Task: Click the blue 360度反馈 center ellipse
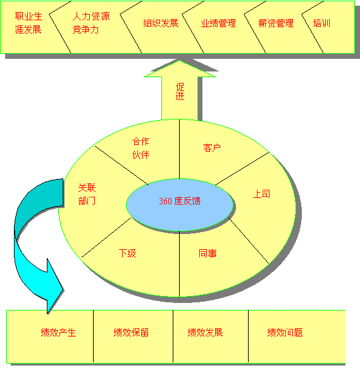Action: (x=180, y=204)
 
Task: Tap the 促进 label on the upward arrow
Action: (x=180, y=92)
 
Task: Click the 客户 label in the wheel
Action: (x=212, y=148)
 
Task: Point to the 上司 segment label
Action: (x=261, y=194)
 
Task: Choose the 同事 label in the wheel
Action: (x=208, y=253)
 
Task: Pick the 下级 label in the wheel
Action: (x=127, y=253)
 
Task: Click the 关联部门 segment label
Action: (x=87, y=194)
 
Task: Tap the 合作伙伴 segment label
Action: (x=140, y=148)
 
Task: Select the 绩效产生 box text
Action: (x=58, y=333)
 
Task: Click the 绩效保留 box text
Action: (x=131, y=333)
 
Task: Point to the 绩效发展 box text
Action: (x=205, y=333)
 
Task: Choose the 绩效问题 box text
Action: (x=285, y=333)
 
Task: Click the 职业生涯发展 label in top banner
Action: (x=28, y=23)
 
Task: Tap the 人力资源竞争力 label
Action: (x=91, y=23)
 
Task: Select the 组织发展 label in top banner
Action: (x=161, y=23)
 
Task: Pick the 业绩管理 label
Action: (x=218, y=23)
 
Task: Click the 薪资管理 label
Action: (x=276, y=23)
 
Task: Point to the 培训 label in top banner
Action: (x=321, y=23)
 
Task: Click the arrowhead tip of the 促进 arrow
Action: (x=180, y=61)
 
